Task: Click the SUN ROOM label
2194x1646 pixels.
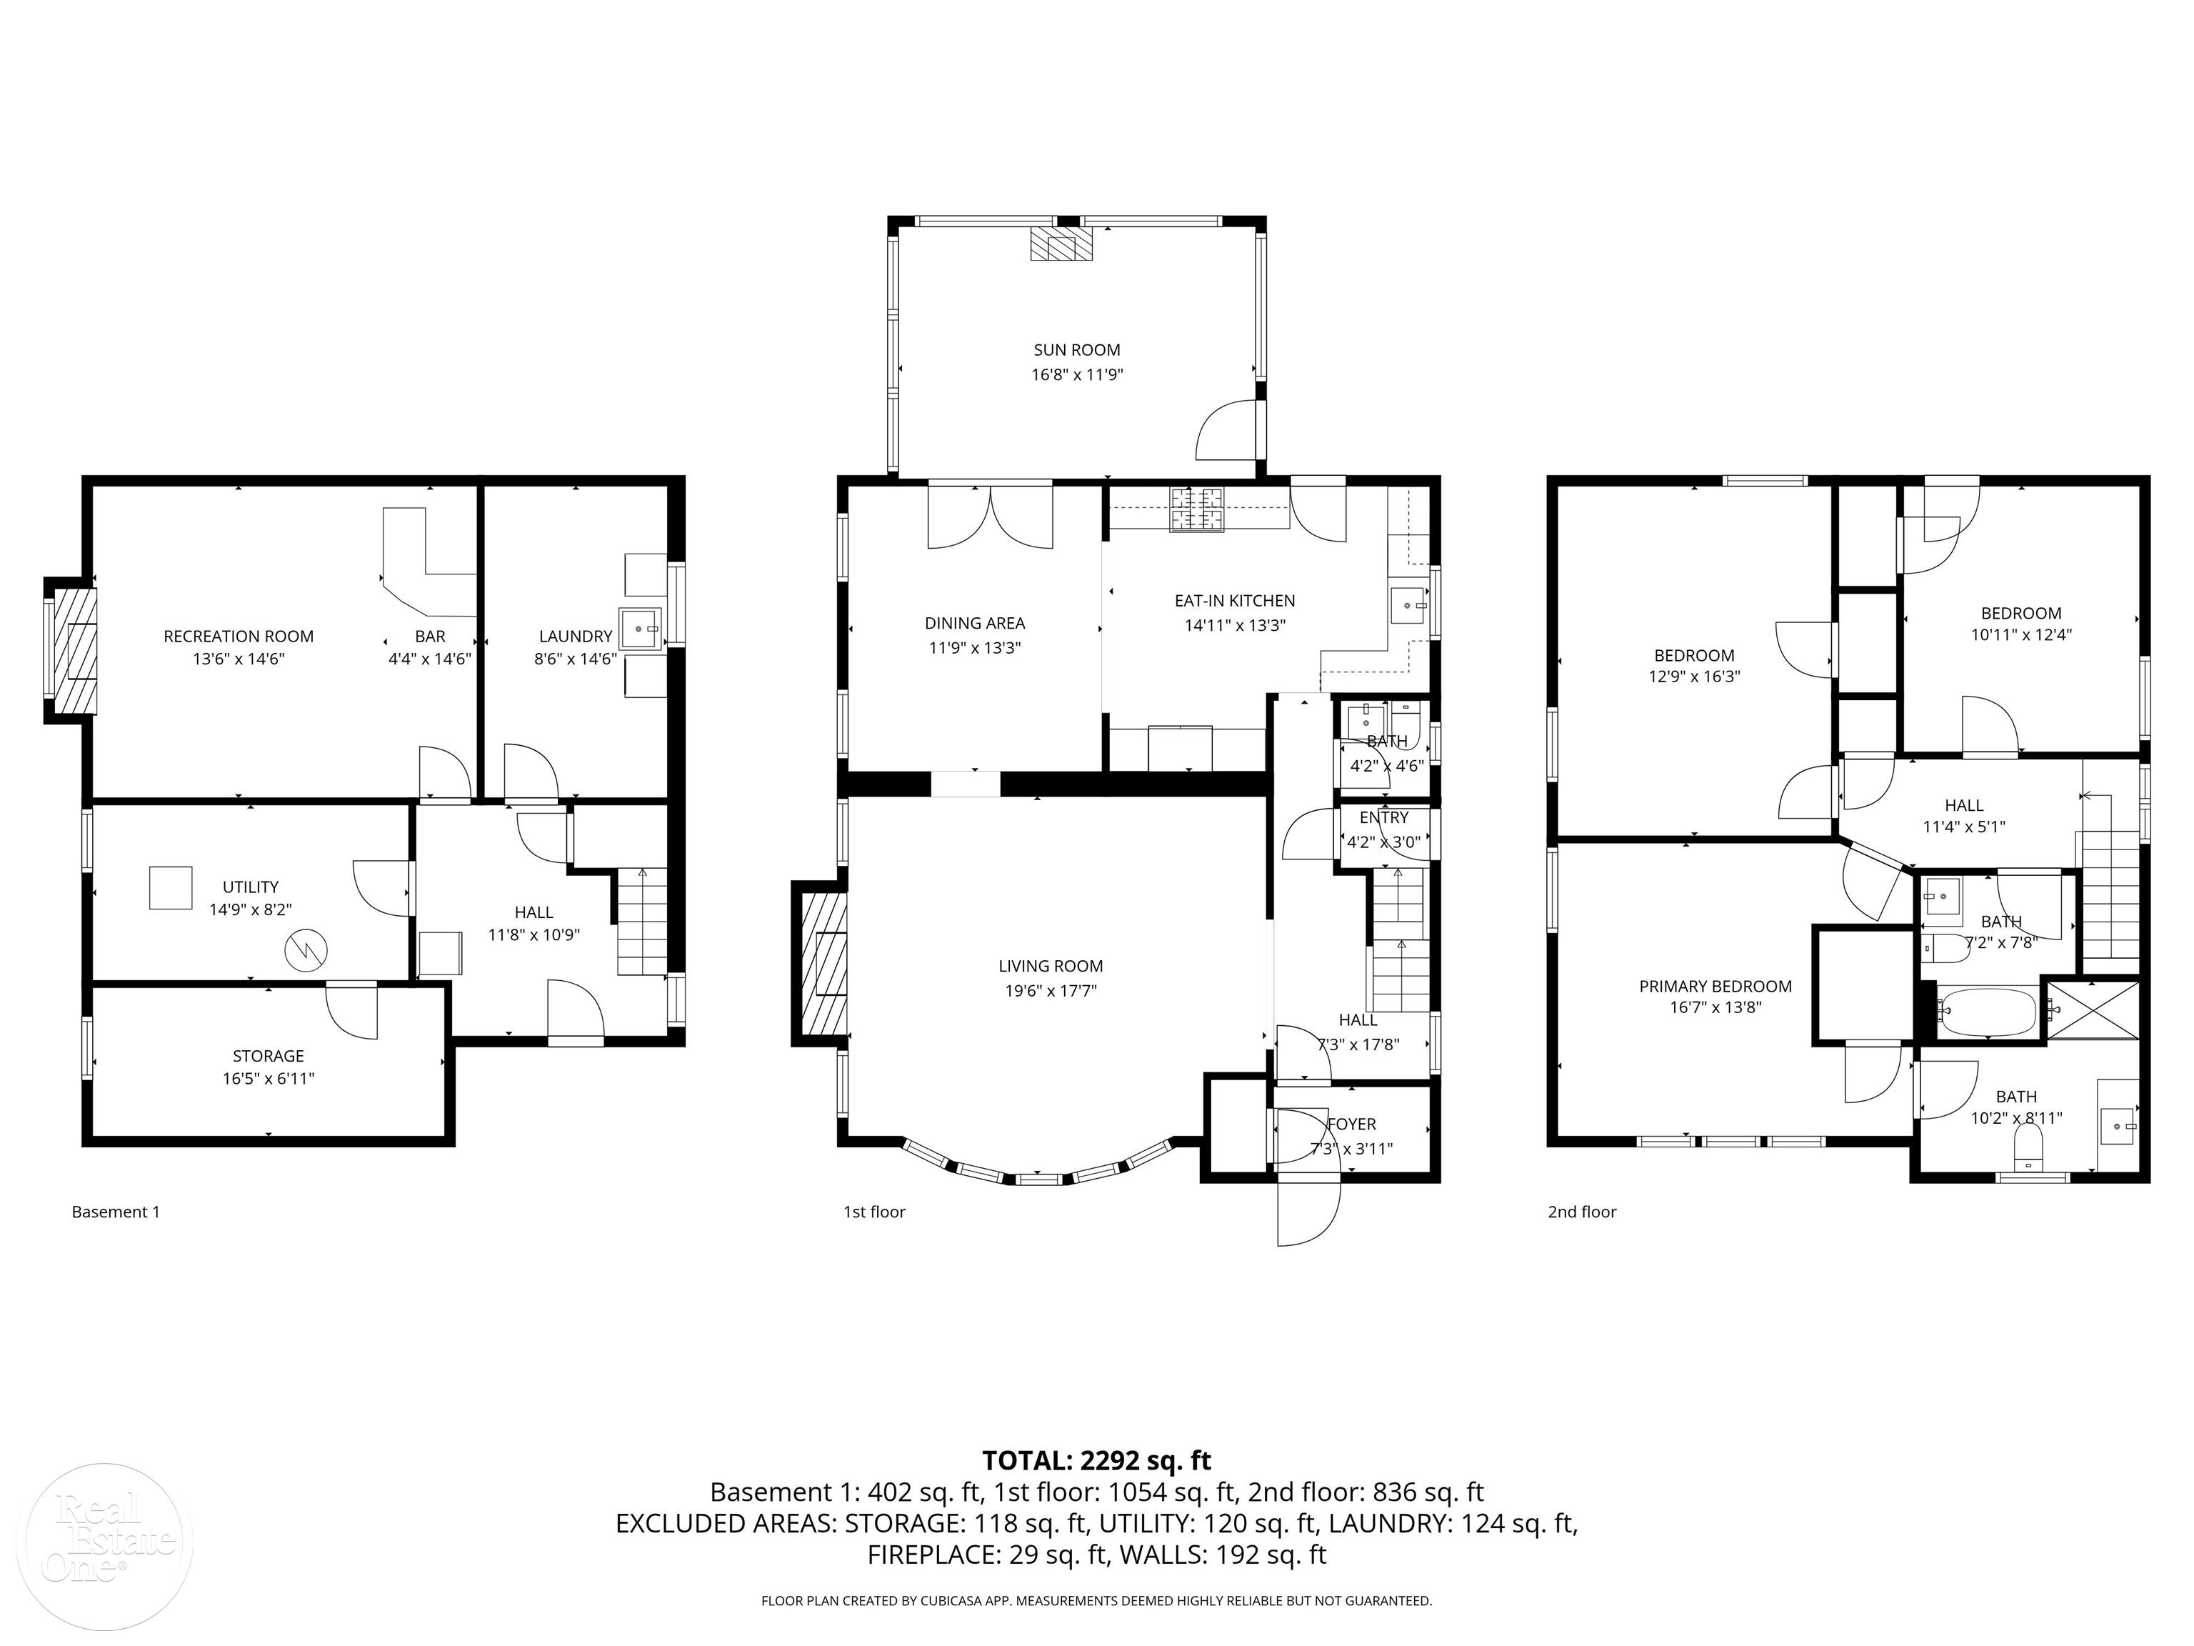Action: [1076, 349]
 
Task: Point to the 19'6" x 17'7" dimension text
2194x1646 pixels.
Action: [1051, 990]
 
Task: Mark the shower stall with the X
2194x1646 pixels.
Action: [2093, 1009]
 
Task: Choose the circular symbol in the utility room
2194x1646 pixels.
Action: [306, 950]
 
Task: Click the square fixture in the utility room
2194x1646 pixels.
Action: [171, 887]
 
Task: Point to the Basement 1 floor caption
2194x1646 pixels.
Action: [115, 1212]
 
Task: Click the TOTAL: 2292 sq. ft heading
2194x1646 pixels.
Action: [1096, 1460]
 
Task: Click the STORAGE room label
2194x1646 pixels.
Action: [268, 1056]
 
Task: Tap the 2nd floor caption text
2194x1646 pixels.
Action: [1582, 1212]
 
